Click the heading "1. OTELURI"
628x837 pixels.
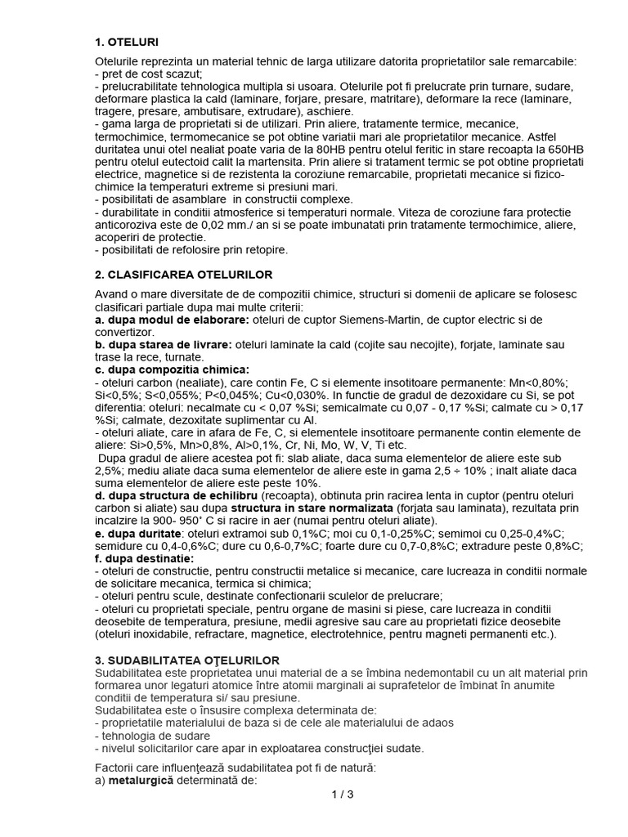click(x=127, y=41)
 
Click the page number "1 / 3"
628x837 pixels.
click(x=342, y=794)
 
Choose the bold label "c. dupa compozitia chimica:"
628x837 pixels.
click(x=173, y=369)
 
